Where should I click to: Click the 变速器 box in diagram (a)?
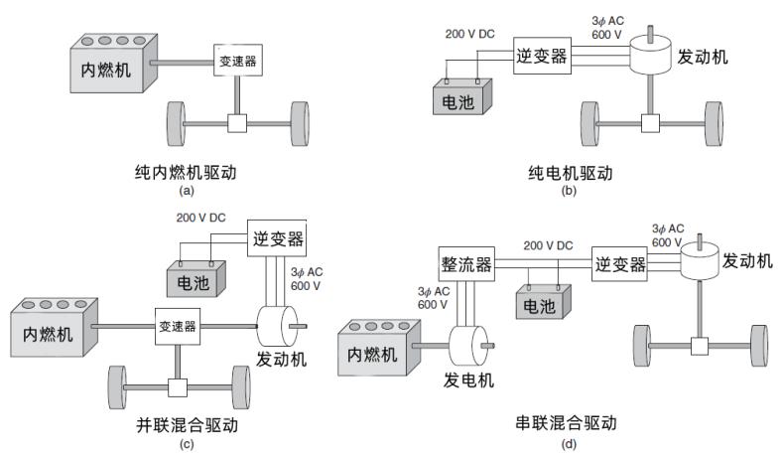[236, 62]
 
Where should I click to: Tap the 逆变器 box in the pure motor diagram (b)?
[542, 56]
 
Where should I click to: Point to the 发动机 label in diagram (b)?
[703, 56]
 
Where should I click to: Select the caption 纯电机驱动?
[569, 172]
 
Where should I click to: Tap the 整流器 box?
[464, 264]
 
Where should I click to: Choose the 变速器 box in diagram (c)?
[177, 325]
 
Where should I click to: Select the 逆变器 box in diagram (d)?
[619, 263]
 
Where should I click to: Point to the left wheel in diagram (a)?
[175, 123]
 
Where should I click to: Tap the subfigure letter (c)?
[188, 444]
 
